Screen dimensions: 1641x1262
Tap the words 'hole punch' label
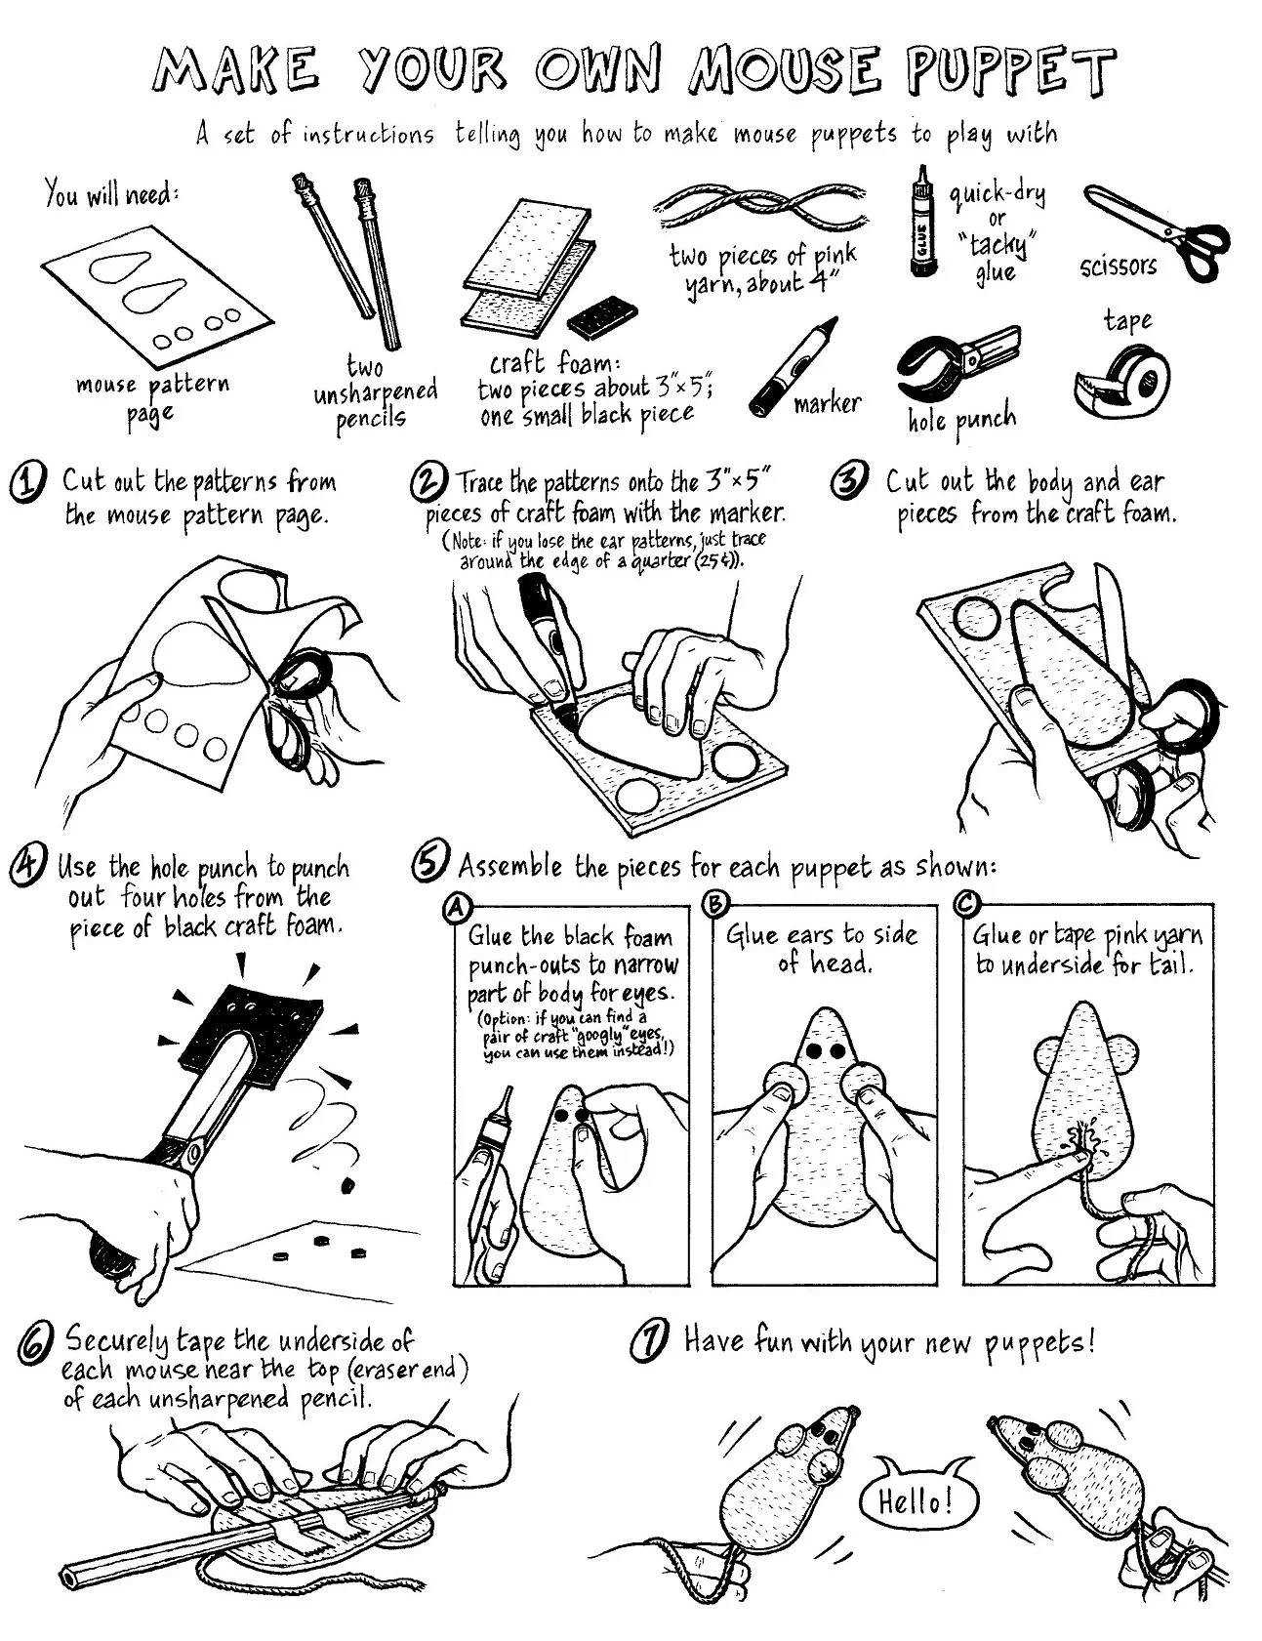pos(960,421)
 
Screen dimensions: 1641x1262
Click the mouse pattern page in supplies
pos(156,303)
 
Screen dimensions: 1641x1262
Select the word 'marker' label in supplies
pos(827,403)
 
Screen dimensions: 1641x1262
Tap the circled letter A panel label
pos(454,908)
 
